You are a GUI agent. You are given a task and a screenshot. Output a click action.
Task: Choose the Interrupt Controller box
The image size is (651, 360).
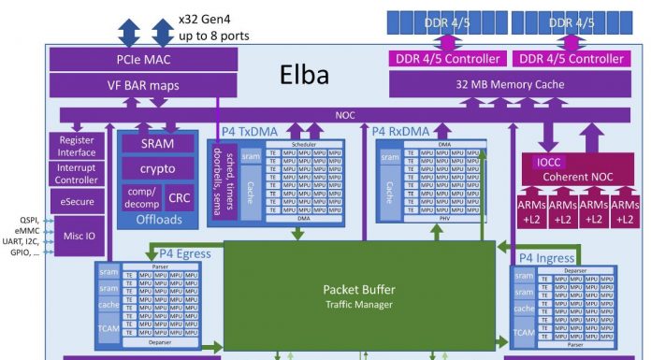(78, 174)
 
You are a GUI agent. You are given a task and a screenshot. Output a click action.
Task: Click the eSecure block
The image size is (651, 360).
(78, 200)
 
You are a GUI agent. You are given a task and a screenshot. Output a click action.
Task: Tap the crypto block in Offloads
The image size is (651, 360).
(157, 169)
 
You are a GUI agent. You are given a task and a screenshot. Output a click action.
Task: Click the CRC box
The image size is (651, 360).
(178, 197)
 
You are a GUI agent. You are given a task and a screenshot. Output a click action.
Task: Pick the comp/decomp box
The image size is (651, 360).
(140, 197)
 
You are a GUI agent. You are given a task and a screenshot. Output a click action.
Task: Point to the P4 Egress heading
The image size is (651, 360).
(184, 252)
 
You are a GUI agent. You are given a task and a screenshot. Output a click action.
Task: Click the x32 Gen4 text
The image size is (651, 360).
(211, 19)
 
